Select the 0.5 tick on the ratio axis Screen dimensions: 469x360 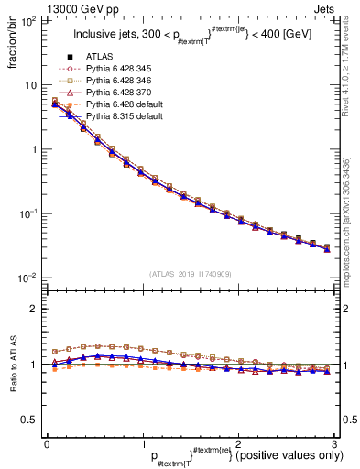click(30, 420)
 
